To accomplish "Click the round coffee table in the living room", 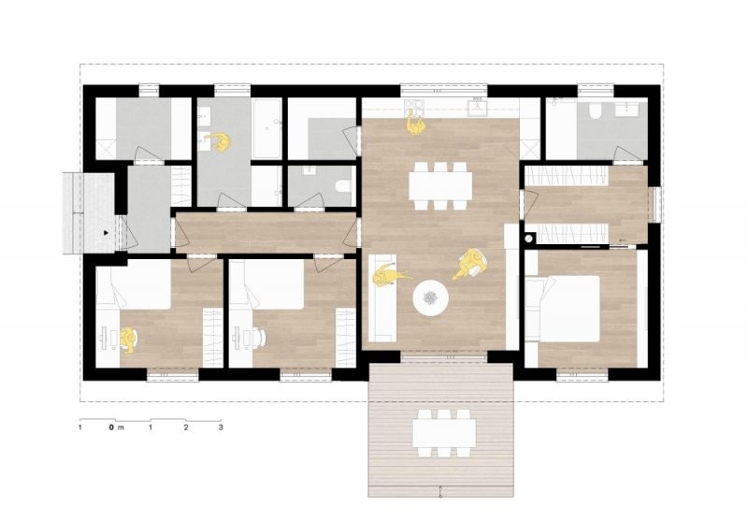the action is click(x=430, y=297).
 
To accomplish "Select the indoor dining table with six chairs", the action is click(x=440, y=185).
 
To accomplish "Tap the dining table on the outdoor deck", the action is click(x=444, y=433).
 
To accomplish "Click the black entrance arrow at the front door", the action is click(x=106, y=233).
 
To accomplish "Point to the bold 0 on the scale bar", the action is click(x=111, y=428).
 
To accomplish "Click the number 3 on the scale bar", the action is click(x=221, y=428).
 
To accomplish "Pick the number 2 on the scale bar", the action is click(x=186, y=428).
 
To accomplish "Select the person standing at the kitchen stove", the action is click(x=416, y=124).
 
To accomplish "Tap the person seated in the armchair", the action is click(x=470, y=264).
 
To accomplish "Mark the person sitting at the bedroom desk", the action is click(x=128, y=340).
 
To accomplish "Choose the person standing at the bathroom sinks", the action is click(x=218, y=141).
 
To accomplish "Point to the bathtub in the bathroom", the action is click(x=266, y=129).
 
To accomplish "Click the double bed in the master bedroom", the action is click(x=563, y=308).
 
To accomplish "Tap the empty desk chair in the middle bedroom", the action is click(x=259, y=337).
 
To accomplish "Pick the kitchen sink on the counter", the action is click(x=477, y=107).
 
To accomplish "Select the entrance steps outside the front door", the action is click(x=88, y=212).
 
